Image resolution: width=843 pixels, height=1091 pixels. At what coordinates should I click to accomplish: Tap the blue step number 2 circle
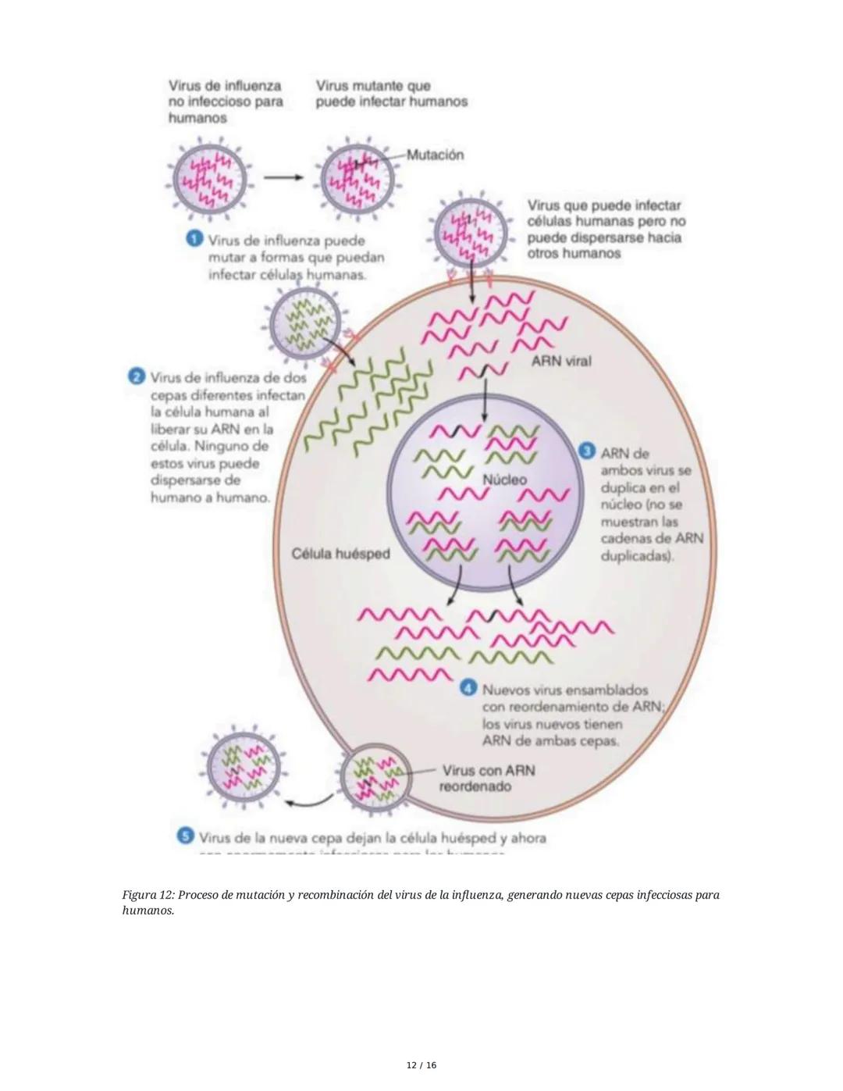(x=136, y=376)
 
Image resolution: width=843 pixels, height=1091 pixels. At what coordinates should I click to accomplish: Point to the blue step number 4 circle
(x=468, y=688)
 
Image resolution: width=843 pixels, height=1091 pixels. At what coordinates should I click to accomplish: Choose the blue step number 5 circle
(x=185, y=836)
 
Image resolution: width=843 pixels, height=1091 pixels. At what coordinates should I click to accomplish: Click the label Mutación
(x=435, y=155)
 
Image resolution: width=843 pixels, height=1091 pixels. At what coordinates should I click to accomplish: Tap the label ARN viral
(x=561, y=361)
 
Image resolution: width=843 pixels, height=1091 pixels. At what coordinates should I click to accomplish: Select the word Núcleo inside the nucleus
(x=504, y=480)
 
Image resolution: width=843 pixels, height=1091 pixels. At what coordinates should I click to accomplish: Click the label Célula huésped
(x=340, y=554)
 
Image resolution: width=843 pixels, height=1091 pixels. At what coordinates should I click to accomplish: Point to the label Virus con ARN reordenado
(x=487, y=778)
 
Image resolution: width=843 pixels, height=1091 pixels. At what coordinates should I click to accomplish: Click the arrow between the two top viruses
(x=283, y=177)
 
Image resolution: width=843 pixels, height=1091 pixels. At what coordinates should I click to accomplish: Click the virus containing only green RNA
(x=304, y=323)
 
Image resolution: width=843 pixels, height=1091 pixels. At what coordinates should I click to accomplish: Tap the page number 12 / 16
(x=421, y=1065)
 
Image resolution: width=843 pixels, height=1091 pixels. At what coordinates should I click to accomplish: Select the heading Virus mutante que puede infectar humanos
(x=390, y=94)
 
